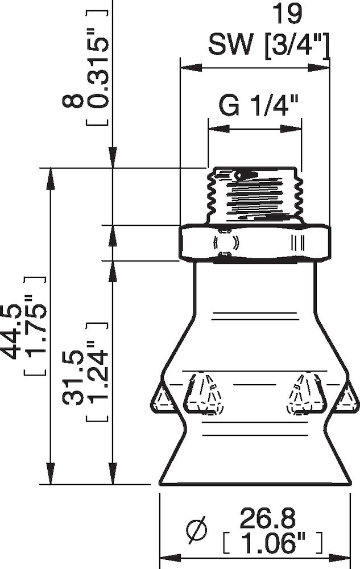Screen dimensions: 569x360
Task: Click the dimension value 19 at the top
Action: pos(290,14)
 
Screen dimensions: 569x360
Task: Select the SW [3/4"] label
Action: pos(268,44)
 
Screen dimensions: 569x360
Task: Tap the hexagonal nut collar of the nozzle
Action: pos(254,243)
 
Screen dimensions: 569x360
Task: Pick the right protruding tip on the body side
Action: pos(346,398)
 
